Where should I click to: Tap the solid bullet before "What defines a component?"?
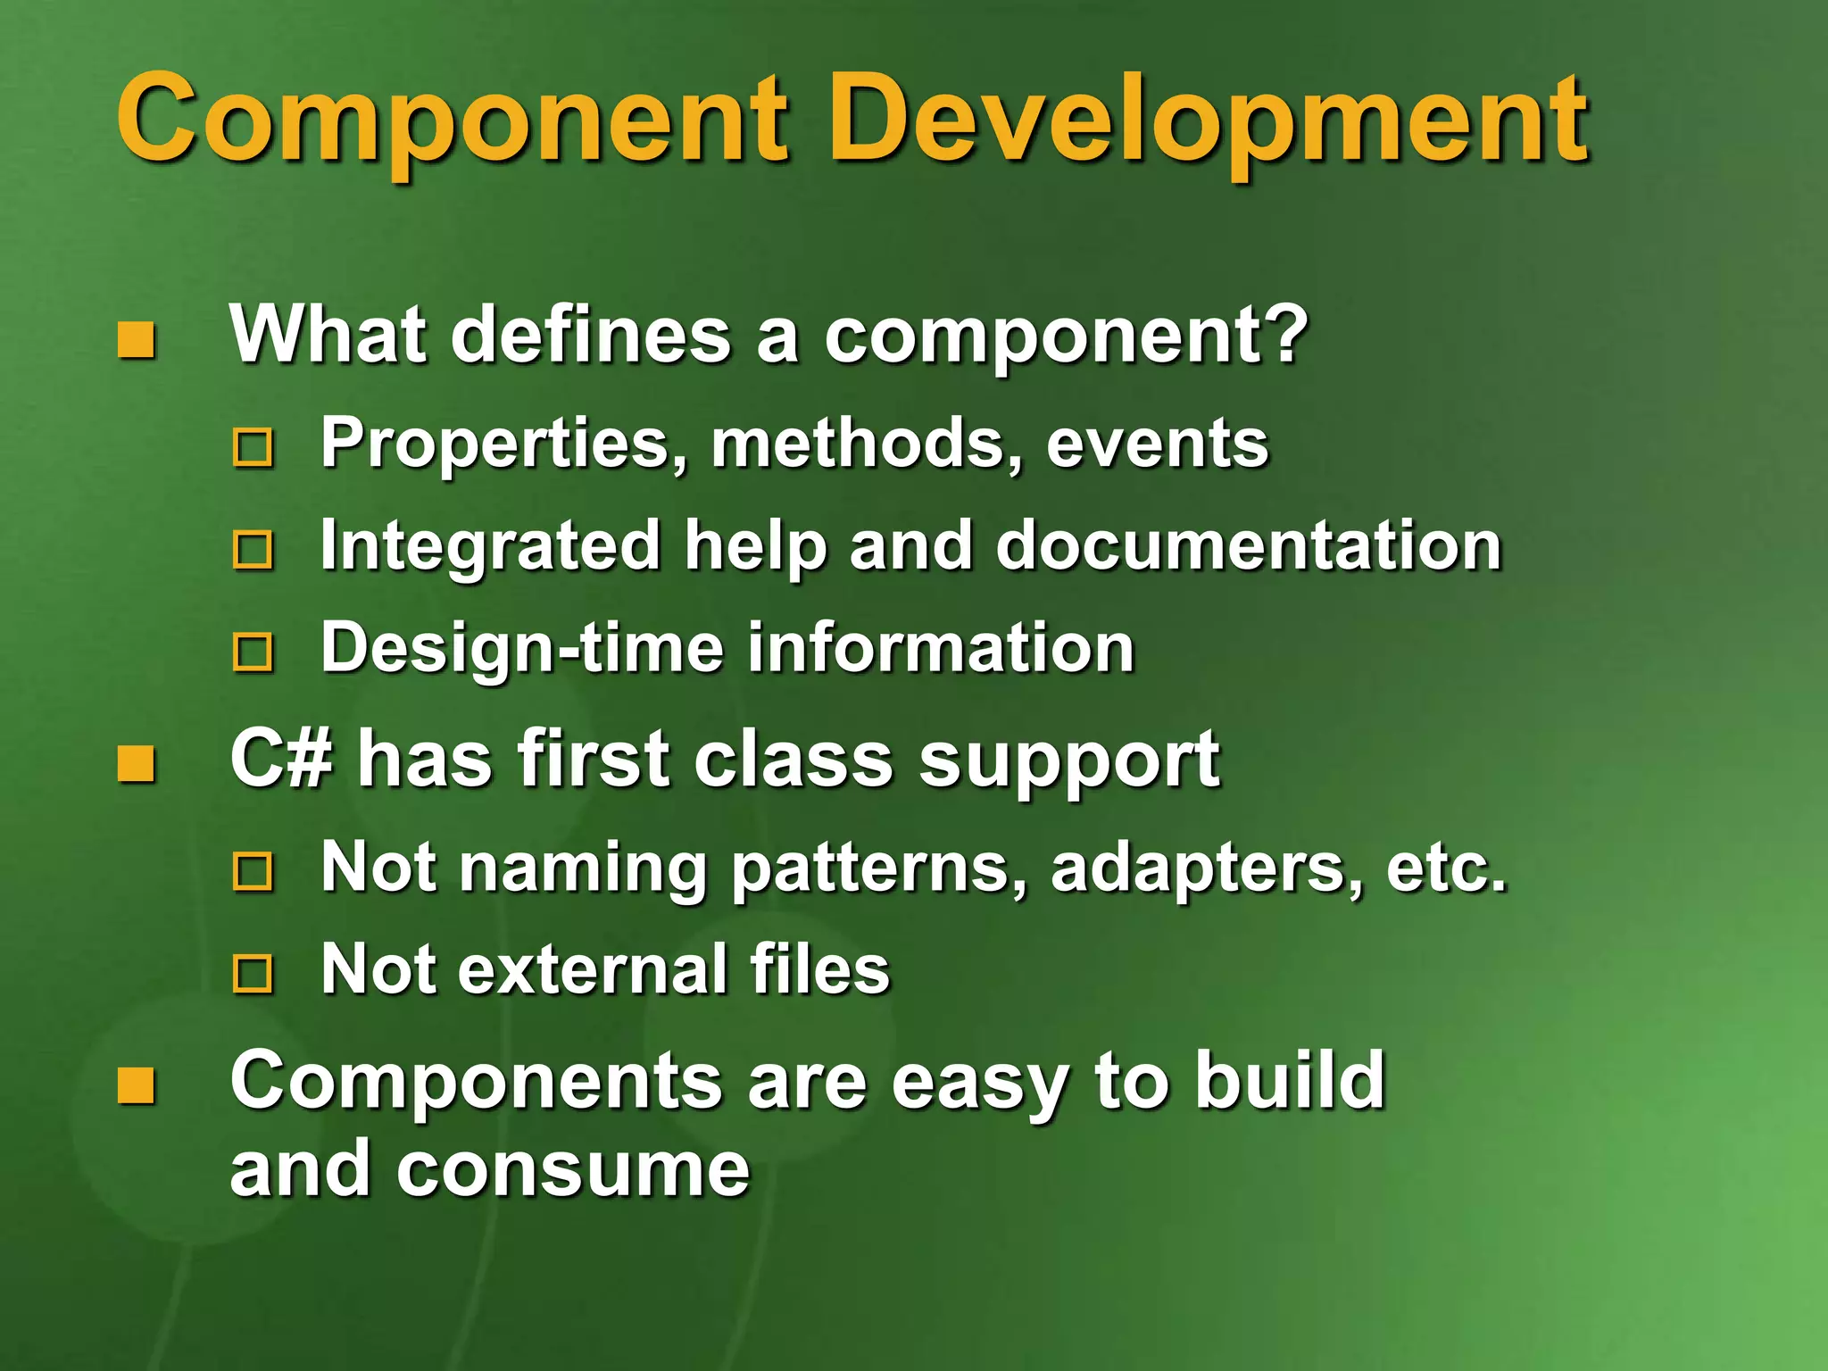[137, 340]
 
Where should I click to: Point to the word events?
[1157, 444]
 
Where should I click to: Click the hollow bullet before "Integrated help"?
[253, 550]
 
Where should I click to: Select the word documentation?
[1249, 545]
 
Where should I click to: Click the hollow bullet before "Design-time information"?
[253, 652]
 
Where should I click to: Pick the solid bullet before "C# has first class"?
[137, 764]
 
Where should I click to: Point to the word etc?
[1446, 868]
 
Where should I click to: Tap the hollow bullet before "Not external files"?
[253, 974]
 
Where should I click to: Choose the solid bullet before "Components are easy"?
[137, 1085]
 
